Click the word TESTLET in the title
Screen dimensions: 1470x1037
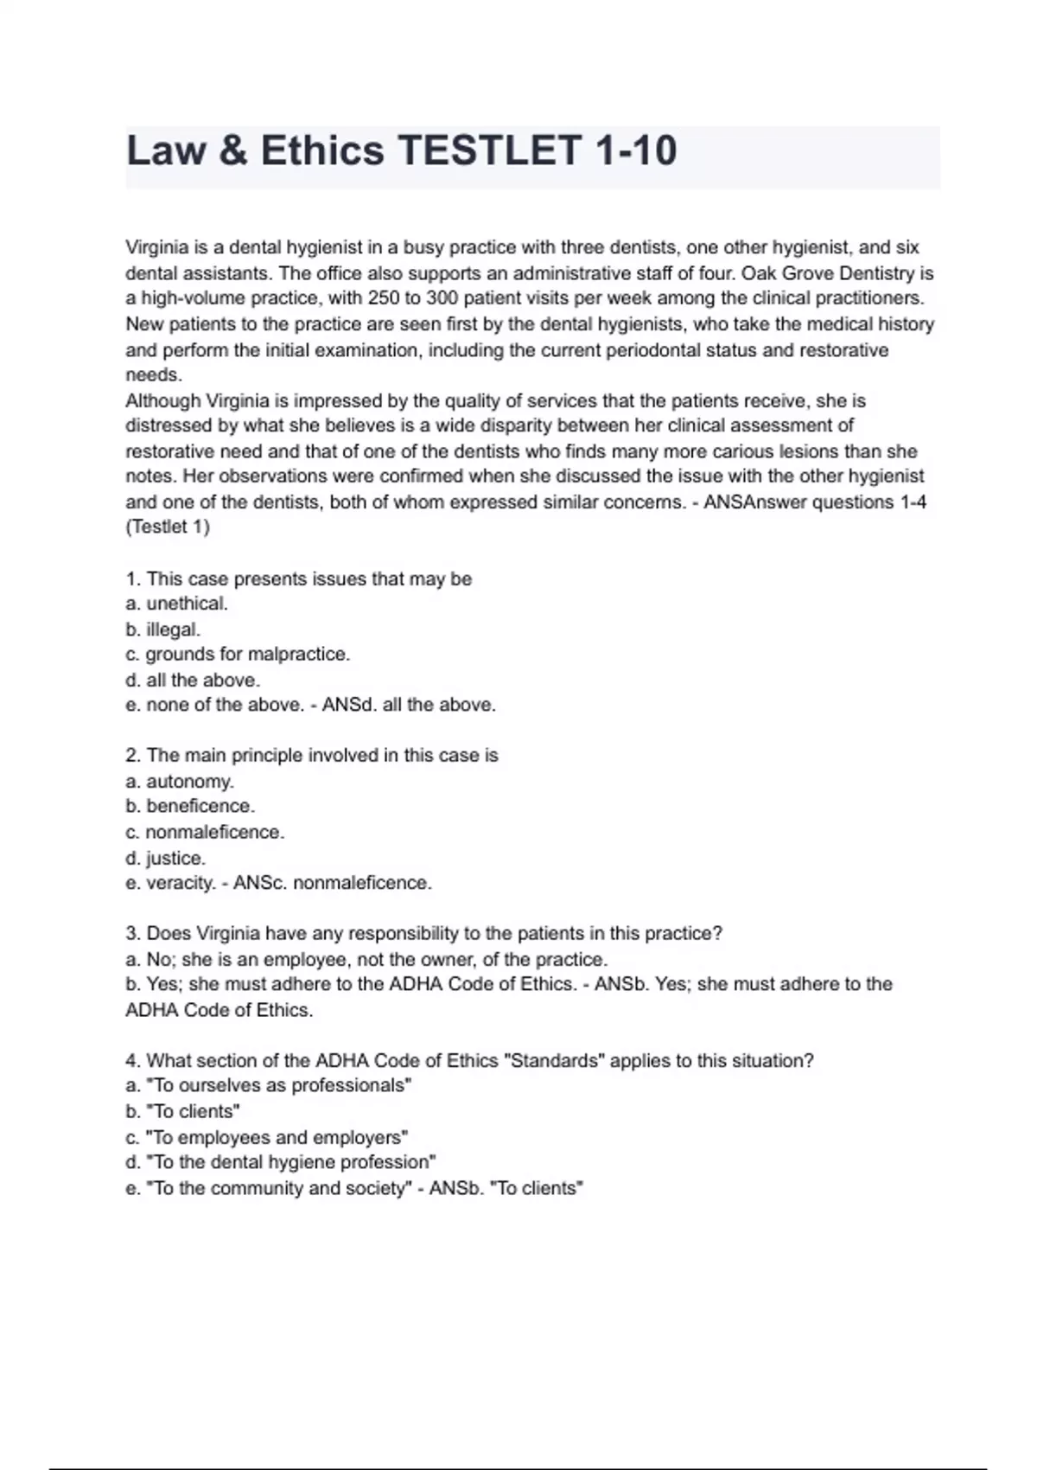pyautogui.click(x=488, y=151)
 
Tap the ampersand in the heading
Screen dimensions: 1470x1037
pyautogui.click(x=232, y=151)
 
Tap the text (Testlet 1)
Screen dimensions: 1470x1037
pyautogui.click(x=168, y=527)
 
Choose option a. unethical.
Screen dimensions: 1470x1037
pyautogui.click(x=177, y=604)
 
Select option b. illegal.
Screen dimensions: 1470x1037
pyautogui.click(x=163, y=630)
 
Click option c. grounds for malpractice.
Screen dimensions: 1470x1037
pyautogui.click(x=238, y=655)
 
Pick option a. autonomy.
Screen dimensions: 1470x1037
pyautogui.click(x=180, y=782)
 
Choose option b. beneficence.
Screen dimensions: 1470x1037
pyautogui.click(x=190, y=806)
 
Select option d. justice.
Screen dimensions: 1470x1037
pyautogui.click(x=166, y=858)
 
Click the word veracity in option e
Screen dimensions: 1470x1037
pyautogui.click(x=181, y=883)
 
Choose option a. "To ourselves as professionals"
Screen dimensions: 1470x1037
pyautogui.click(x=269, y=1086)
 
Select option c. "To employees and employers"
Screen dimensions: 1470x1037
pyautogui.click(x=267, y=1137)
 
